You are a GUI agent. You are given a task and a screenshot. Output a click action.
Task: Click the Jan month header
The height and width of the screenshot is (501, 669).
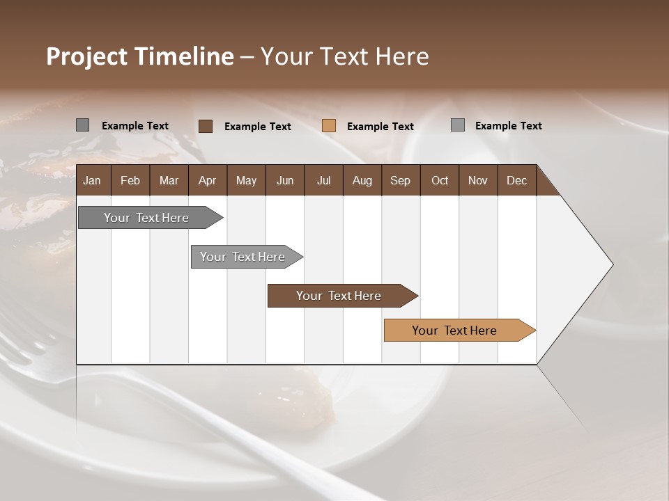click(x=92, y=180)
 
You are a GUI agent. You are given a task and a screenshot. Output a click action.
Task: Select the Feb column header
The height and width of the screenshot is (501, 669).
click(x=130, y=180)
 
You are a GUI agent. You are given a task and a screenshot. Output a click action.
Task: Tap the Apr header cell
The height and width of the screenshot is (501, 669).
click(x=207, y=180)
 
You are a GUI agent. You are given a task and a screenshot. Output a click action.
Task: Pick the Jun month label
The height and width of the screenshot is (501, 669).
click(x=285, y=180)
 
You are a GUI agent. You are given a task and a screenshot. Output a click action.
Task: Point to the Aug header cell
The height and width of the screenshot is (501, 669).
click(x=362, y=180)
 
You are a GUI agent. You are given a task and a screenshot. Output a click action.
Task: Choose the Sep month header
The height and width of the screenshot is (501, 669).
click(x=400, y=180)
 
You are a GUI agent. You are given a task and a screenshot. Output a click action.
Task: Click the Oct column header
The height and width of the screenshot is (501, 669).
click(x=440, y=180)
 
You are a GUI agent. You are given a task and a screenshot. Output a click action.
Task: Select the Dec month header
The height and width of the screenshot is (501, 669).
click(x=516, y=180)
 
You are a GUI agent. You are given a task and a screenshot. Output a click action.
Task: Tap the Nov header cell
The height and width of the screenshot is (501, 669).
click(x=478, y=180)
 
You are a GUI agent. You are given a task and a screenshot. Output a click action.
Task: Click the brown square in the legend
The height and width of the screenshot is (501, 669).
click(x=206, y=126)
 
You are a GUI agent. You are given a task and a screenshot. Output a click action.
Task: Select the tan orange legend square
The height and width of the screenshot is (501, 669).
click(x=329, y=126)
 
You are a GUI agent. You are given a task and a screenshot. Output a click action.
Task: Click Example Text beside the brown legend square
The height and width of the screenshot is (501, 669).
click(x=258, y=127)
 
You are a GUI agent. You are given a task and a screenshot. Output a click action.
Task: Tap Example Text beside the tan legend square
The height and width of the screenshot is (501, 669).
click(x=380, y=127)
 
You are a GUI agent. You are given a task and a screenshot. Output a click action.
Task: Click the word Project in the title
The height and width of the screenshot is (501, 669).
click(x=87, y=56)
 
